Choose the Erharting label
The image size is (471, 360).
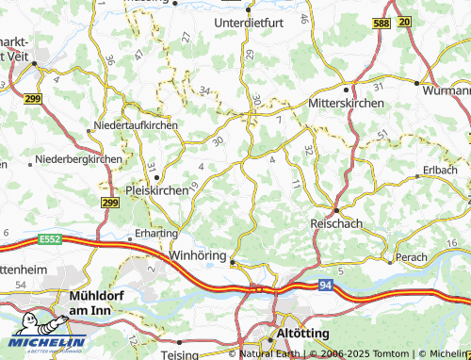coord(155,232)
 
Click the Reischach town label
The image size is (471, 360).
coord(336,223)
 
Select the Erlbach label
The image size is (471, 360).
coord(441,170)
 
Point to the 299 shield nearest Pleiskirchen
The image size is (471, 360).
coord(109,202)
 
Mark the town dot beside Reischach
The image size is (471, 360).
coord(336,209)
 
